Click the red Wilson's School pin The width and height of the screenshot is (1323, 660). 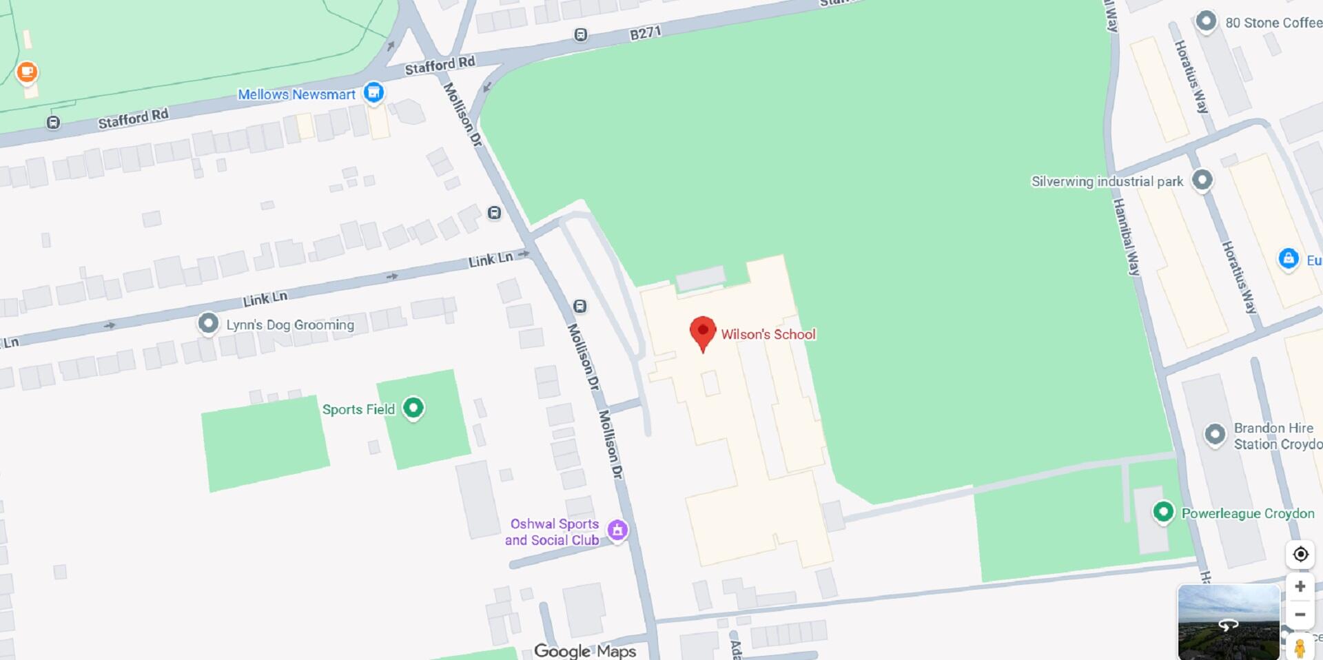(703, 331)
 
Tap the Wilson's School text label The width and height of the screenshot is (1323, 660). (768, 335)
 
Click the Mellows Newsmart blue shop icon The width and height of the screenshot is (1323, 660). (373, 92)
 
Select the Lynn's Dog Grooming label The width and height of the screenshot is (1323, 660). (290, 324)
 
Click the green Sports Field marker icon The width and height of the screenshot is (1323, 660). (413, 408)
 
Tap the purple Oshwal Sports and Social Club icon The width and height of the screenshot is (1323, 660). (617, 530)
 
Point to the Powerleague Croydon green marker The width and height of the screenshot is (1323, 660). (1163, 512)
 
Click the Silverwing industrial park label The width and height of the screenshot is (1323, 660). (1107, 181)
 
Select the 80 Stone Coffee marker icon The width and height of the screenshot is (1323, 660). (1206, 21)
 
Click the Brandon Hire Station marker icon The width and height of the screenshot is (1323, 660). (1215, 435)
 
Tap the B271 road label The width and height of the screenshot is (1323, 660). (646, 33)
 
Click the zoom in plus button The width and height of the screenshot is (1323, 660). (1300, 586)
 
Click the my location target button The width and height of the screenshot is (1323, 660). (1300, 554)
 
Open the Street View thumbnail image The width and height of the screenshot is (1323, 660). (1228, 621)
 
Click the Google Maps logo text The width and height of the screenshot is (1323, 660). (585, 650)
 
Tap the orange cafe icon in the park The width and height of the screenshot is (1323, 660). (27, 72)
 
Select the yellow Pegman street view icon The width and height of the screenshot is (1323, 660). (1300, 648)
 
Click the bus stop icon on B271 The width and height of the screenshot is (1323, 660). (581, 34)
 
